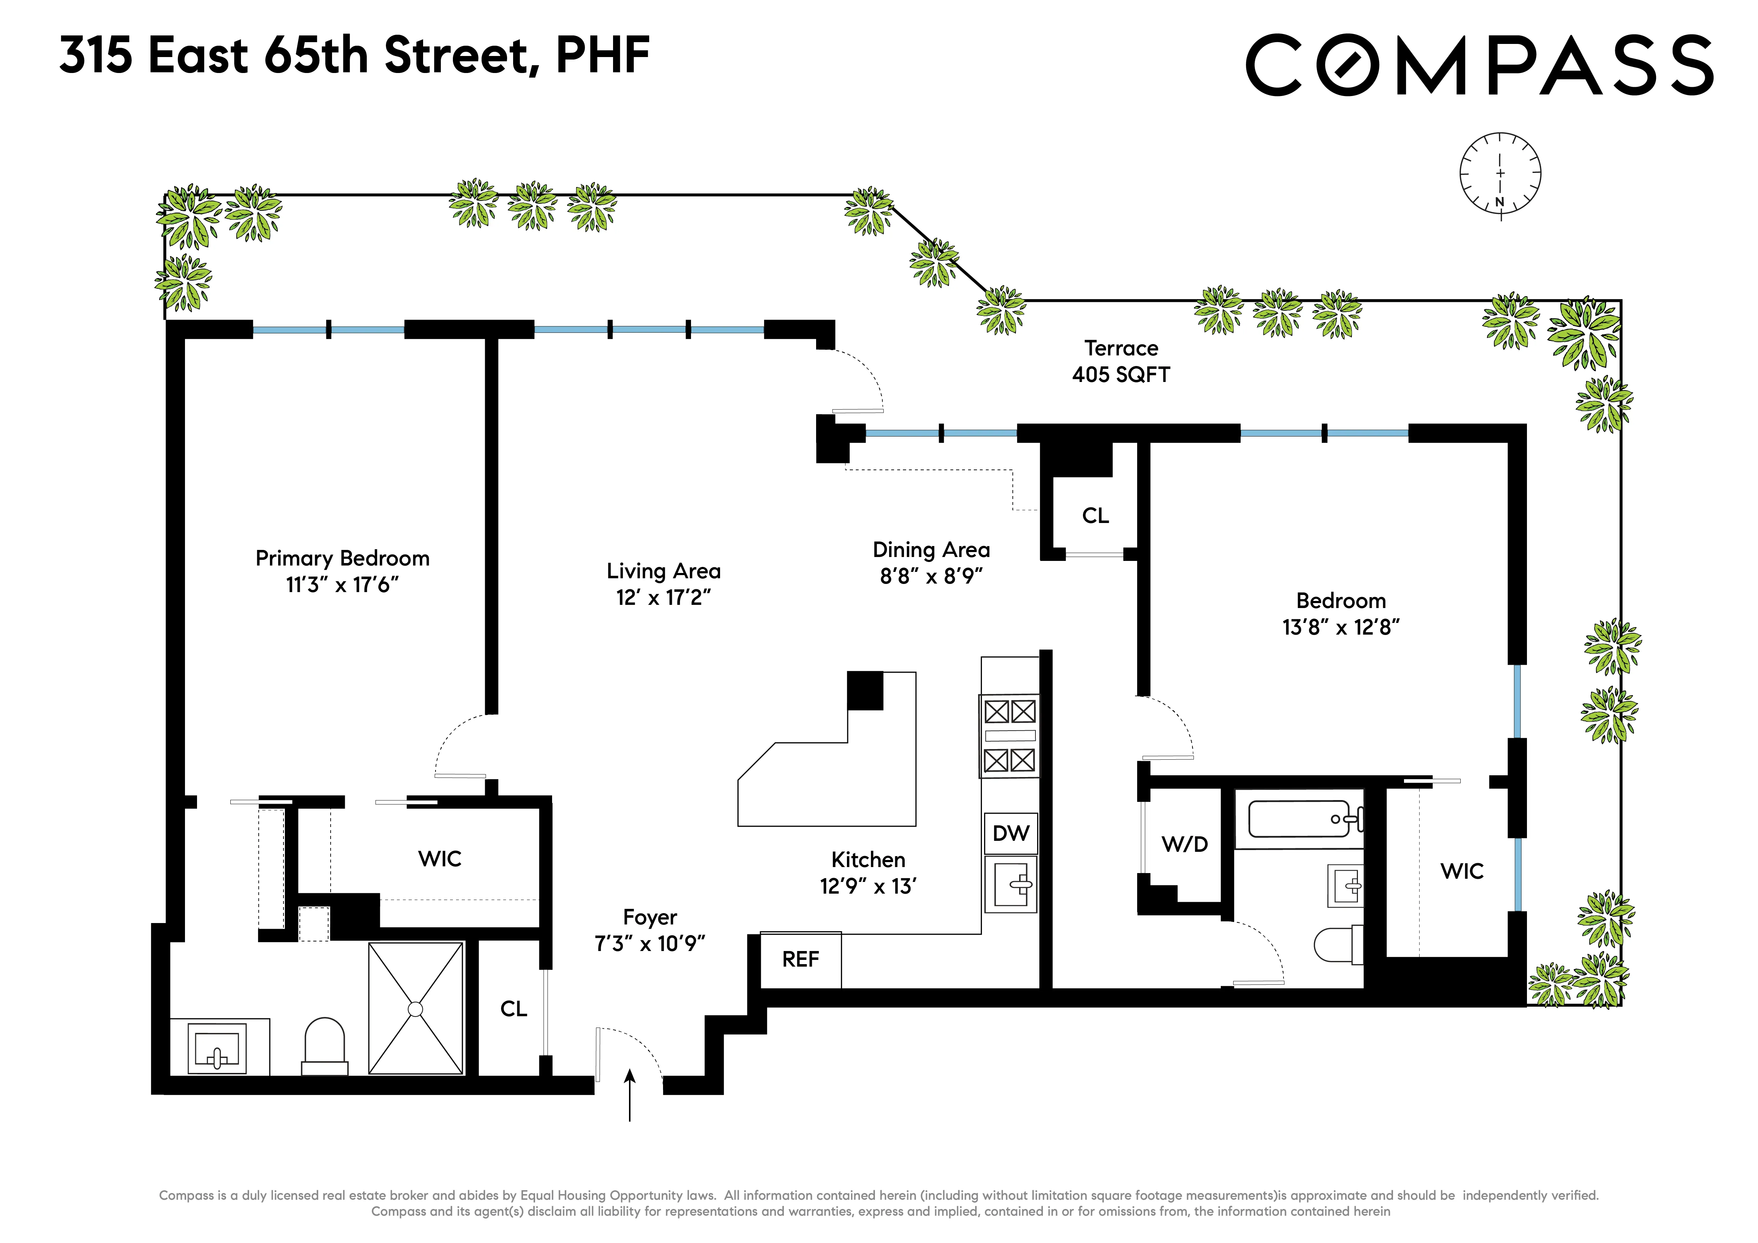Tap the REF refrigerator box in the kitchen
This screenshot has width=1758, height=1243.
pos(800,960)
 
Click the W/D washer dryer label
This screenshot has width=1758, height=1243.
pos(1185,844)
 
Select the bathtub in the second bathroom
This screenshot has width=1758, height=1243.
pos(1299,819)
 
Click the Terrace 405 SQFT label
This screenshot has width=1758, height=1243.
pos(1121,361)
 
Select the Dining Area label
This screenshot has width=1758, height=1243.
pos(931,550)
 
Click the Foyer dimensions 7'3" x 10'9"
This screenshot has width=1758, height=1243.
pos(649,944)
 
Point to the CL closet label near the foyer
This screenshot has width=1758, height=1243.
pos(514,1009)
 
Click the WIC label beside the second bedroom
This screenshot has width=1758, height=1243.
pos(1462,871)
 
